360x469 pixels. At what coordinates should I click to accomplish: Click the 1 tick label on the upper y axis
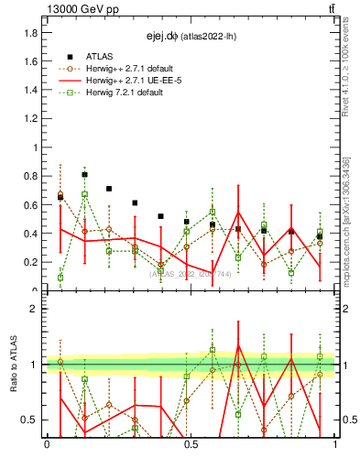click(34, 147)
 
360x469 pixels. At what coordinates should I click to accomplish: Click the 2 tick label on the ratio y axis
click(34, 309)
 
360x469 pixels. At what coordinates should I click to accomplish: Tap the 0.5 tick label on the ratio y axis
click(30, 420)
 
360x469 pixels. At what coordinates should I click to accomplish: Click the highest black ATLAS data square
click(84, 174)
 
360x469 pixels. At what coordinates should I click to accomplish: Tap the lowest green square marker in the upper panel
click(60, 278)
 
